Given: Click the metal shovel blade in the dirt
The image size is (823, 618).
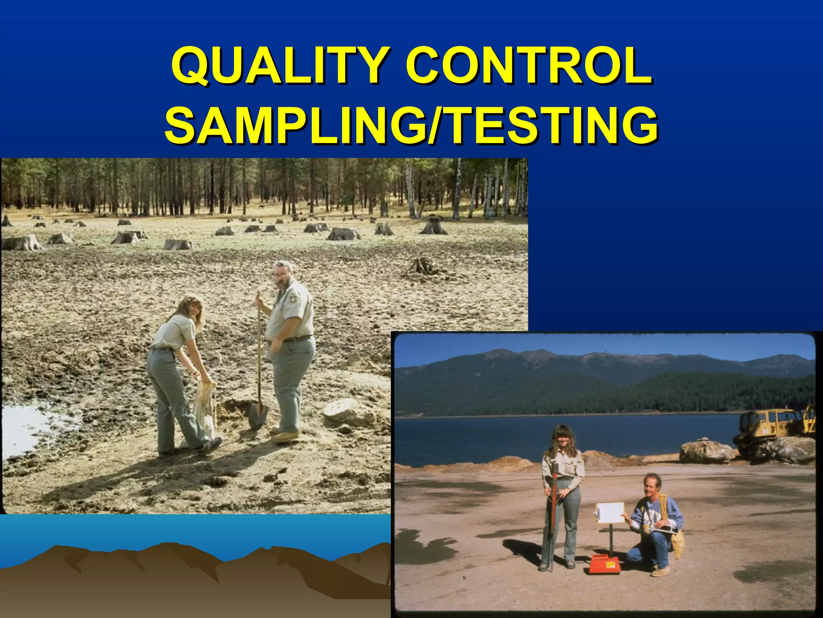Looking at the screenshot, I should [x=258, y=416].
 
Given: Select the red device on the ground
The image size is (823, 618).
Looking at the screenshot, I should [x=605, y=563].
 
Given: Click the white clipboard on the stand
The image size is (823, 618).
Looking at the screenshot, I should [x=610, y=513].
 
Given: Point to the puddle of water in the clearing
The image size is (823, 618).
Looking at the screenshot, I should [x=32, y=428].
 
